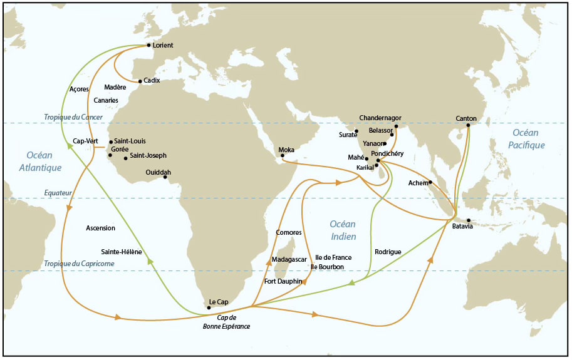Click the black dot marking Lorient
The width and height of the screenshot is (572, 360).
148,45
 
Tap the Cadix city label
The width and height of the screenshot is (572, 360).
152,81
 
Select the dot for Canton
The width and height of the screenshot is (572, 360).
467,125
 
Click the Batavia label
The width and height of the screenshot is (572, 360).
462,226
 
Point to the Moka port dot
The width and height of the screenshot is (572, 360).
283,156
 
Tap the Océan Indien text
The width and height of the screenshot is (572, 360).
343,230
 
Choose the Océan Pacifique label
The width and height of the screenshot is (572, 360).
528,138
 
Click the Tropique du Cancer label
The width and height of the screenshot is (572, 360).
73,117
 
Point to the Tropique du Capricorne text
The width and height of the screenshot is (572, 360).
79,264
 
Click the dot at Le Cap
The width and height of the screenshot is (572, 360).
209,307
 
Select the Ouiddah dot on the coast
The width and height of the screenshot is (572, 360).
165,177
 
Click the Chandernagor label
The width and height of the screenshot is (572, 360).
380,118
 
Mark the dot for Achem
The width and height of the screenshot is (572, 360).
430,183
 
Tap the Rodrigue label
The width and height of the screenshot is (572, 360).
388,252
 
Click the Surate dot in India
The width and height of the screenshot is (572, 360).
356,131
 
